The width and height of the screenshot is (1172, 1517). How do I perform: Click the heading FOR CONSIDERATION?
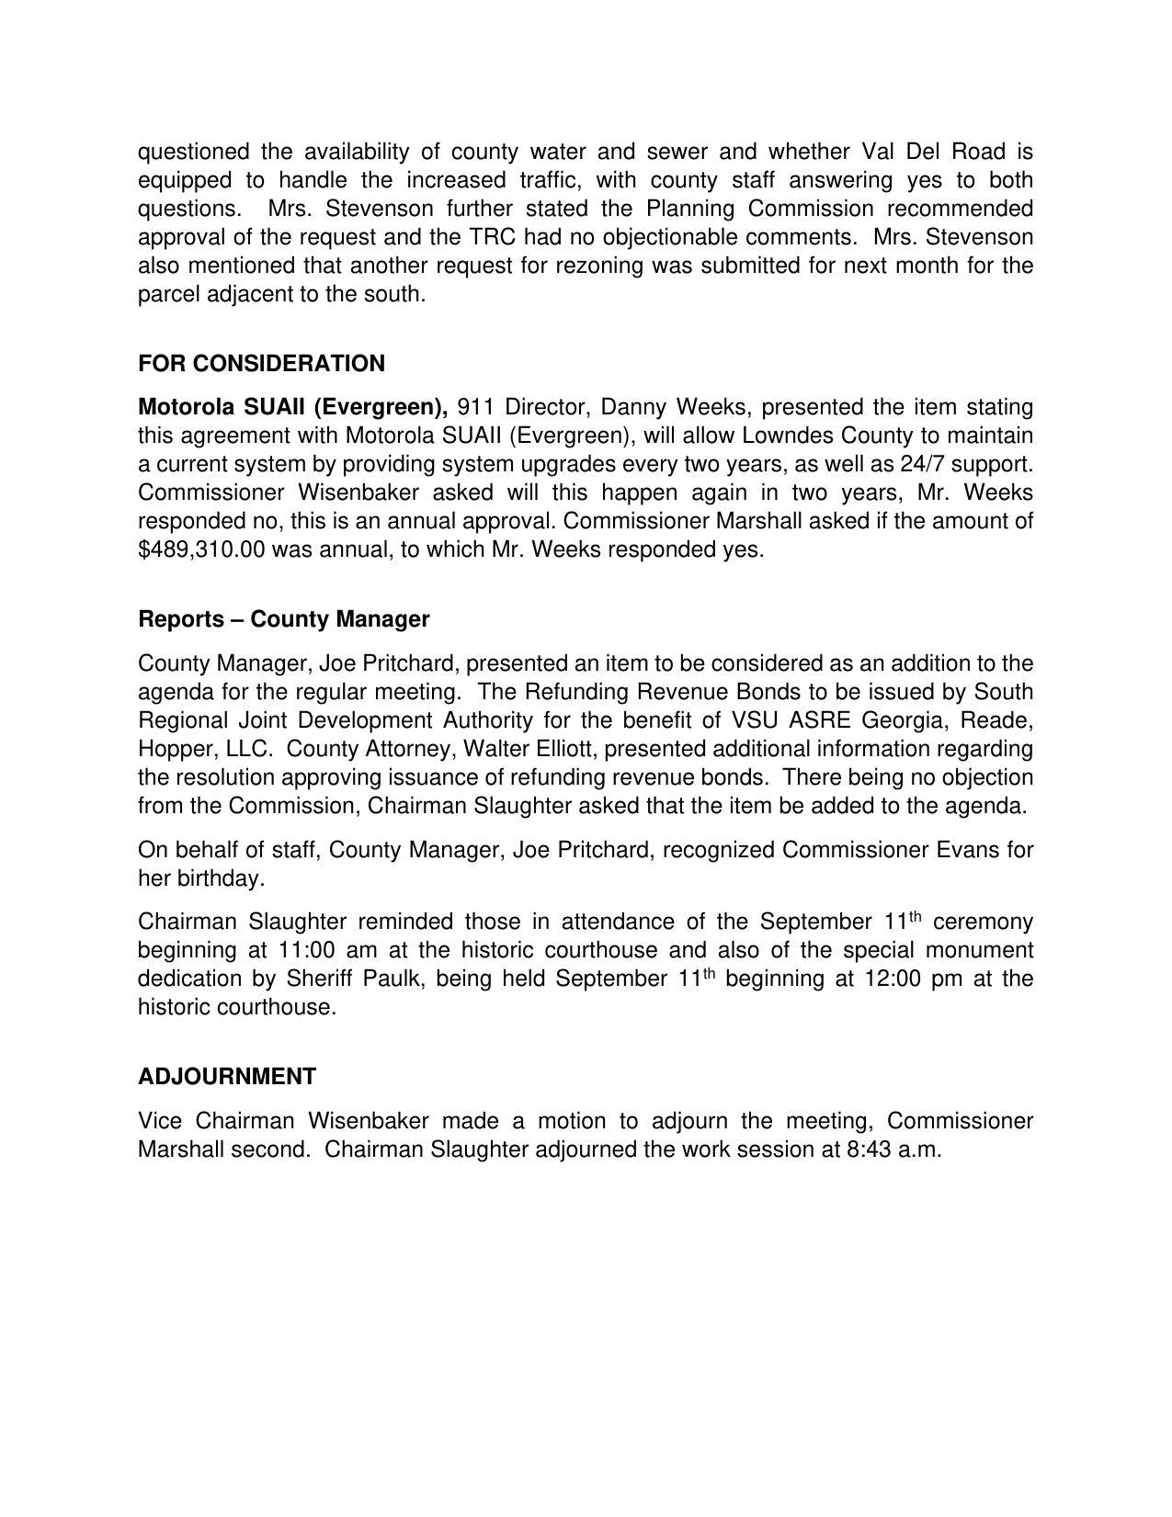[x=261, y=364]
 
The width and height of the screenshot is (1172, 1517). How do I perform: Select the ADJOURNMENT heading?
[x=227, y=1077]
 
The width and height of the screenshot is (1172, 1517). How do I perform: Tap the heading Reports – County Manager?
[x=283, y=619]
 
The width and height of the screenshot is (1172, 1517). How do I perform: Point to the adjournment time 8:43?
[x=866, y=1150]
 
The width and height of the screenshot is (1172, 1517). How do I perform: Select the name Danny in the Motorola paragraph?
[x=632, y=407]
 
